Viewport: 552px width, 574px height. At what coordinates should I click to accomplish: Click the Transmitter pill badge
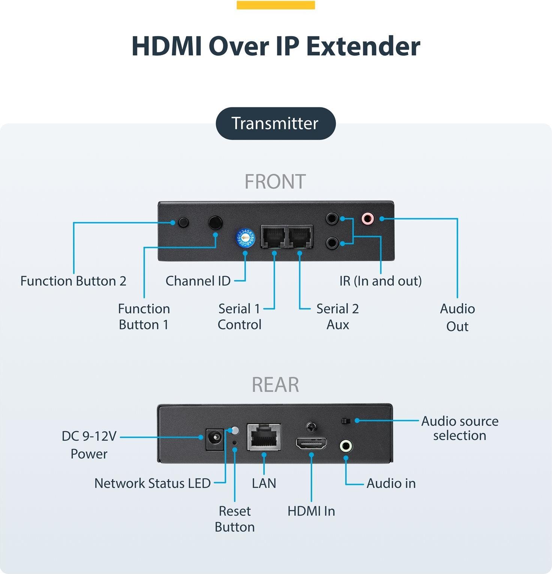(x=275, y=123)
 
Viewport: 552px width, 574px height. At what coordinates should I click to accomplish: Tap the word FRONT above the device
(x=275, y=182)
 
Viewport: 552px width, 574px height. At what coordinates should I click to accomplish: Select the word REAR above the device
(x=275, y=385)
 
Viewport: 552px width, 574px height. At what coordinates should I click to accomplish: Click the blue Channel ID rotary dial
(x=245, y=238)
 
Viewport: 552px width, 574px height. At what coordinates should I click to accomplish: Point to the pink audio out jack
(x=367, y=218)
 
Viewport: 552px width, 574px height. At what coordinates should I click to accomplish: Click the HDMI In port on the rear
(x=311, y=444)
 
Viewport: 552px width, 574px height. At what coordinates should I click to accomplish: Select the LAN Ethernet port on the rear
(x=264, y=437)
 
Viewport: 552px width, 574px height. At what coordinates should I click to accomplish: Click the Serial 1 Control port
(x=274, y=237)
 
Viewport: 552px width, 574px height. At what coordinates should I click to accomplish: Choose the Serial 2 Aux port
(x=300, y=237)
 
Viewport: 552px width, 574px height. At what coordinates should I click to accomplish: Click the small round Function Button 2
(x=183, y=222)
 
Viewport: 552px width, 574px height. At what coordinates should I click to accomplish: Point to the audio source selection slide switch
(x=346, y=421)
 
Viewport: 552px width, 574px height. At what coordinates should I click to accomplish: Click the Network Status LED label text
(x=153, y=483)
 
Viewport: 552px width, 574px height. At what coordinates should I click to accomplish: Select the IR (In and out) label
(x=380, y=281)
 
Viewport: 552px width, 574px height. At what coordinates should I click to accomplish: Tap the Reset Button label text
(x=235, y=519)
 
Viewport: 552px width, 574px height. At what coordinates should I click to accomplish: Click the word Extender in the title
(x=363, y=46)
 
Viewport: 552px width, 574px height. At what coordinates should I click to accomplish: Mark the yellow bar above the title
(x=276, y=5)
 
